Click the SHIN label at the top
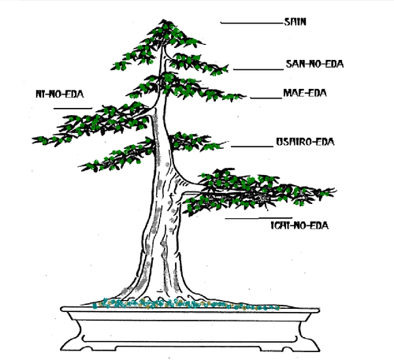[295, 22]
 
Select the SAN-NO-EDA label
[314, 64]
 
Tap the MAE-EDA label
[305, 93]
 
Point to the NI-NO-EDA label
[60, 94]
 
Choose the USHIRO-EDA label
[305, 142]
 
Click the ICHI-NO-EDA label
[299, 225]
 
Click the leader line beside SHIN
[252, 24]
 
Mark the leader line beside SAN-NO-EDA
[258, 69]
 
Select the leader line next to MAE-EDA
[266, 98]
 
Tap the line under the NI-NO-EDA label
[72, 108]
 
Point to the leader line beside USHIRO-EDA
[252, 147]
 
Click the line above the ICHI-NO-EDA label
[258, 218]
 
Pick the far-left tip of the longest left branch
[32, 140]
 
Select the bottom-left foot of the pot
[69, 347]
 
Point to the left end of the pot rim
[61, 309]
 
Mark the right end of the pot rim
[319, 310]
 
